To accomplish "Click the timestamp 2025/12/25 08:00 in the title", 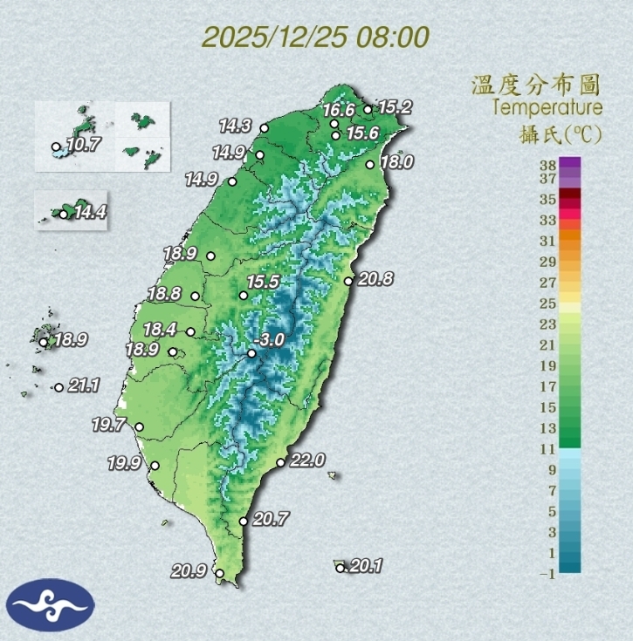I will tap(315, 38).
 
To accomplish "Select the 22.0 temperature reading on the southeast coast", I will tap(306, 460).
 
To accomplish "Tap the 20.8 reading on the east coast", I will tap(375, 279).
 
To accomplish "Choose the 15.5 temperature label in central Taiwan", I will tap(262, 283).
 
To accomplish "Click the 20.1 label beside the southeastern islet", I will tap(366, 566).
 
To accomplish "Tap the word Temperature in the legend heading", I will tap(547, 108).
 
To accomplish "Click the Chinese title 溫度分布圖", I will tap(536, 85).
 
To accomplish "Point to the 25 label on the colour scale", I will tap(547, 303).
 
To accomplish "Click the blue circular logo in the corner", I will tap(50, 603).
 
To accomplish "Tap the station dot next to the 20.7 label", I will tap(244, 522).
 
